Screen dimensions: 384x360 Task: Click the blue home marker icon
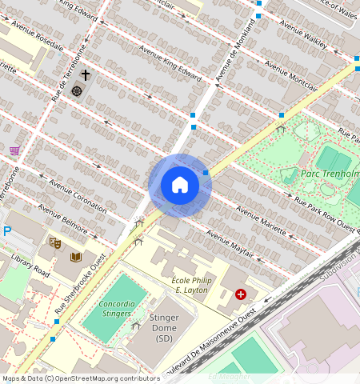pyautogui.click(x=180, y=186)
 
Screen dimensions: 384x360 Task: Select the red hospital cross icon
pyautogui.click(x=240, y=295)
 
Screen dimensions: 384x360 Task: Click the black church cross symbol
pyautogui.click(x=85, y=76)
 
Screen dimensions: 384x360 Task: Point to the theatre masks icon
pyautogui.click(x=55, y=242)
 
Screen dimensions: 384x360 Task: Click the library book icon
pyautogui.click(x=76, y=258)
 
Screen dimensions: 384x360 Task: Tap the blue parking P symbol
pyautogui.click(x=7, y=231)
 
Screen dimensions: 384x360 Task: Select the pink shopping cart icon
pyautogui.click(x=14, y=150)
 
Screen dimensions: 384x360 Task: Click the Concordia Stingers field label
pyautogui.click(x=117, y=310)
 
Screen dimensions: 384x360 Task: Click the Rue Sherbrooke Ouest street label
pyautogui.click(x=81, y=283)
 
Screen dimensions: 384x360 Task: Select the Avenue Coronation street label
pyautogui.click(x=78, y=195)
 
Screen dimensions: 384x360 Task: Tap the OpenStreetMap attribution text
pyautogui.click(x=80, y=378)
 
